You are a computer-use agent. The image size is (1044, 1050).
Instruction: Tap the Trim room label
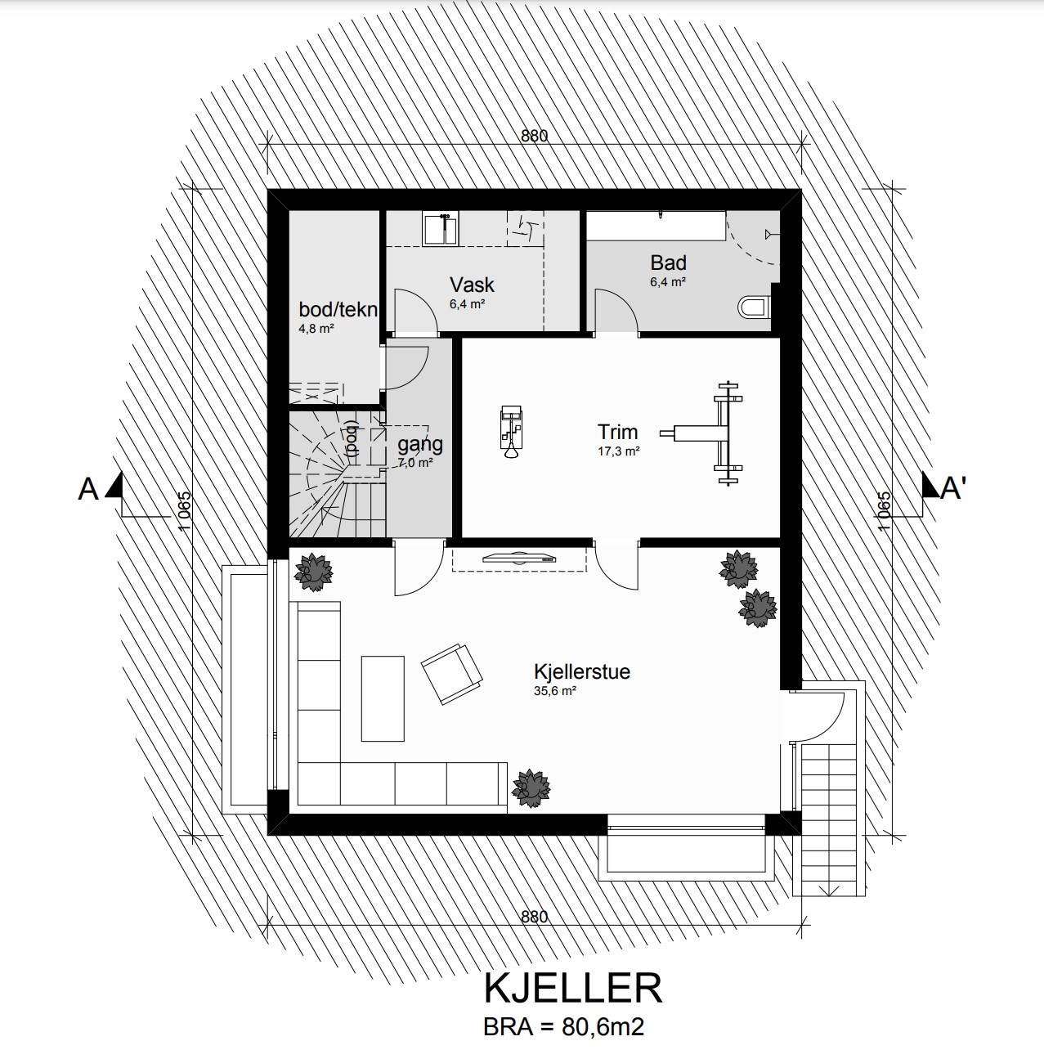click(x=617, y=432)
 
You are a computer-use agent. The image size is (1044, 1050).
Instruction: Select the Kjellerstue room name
click(x=582, y=672)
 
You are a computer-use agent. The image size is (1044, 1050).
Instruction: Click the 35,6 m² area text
click(x=555, y=691)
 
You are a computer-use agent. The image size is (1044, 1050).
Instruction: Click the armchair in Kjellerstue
click(x=452, y=675)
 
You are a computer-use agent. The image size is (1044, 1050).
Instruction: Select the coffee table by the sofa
click(x=383, y=698)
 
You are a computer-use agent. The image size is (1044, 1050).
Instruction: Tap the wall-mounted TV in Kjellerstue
click(x=519, y=558)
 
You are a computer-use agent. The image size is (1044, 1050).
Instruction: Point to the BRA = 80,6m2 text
click(x=564, y=1026)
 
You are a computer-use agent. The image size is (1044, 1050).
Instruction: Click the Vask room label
click(x=472, y=285)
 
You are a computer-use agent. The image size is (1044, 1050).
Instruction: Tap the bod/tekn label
click(x=338, y=310)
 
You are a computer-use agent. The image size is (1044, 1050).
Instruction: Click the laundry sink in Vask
click(x=440, y=229)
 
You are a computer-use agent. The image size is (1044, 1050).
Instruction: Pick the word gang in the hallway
click(x=419, y=445)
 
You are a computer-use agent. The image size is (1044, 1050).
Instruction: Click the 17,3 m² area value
click(x=618, y=451)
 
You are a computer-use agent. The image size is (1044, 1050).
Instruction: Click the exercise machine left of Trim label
click(x=511, y=433)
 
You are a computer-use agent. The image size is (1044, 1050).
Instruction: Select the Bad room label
click(x=668, y=262)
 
